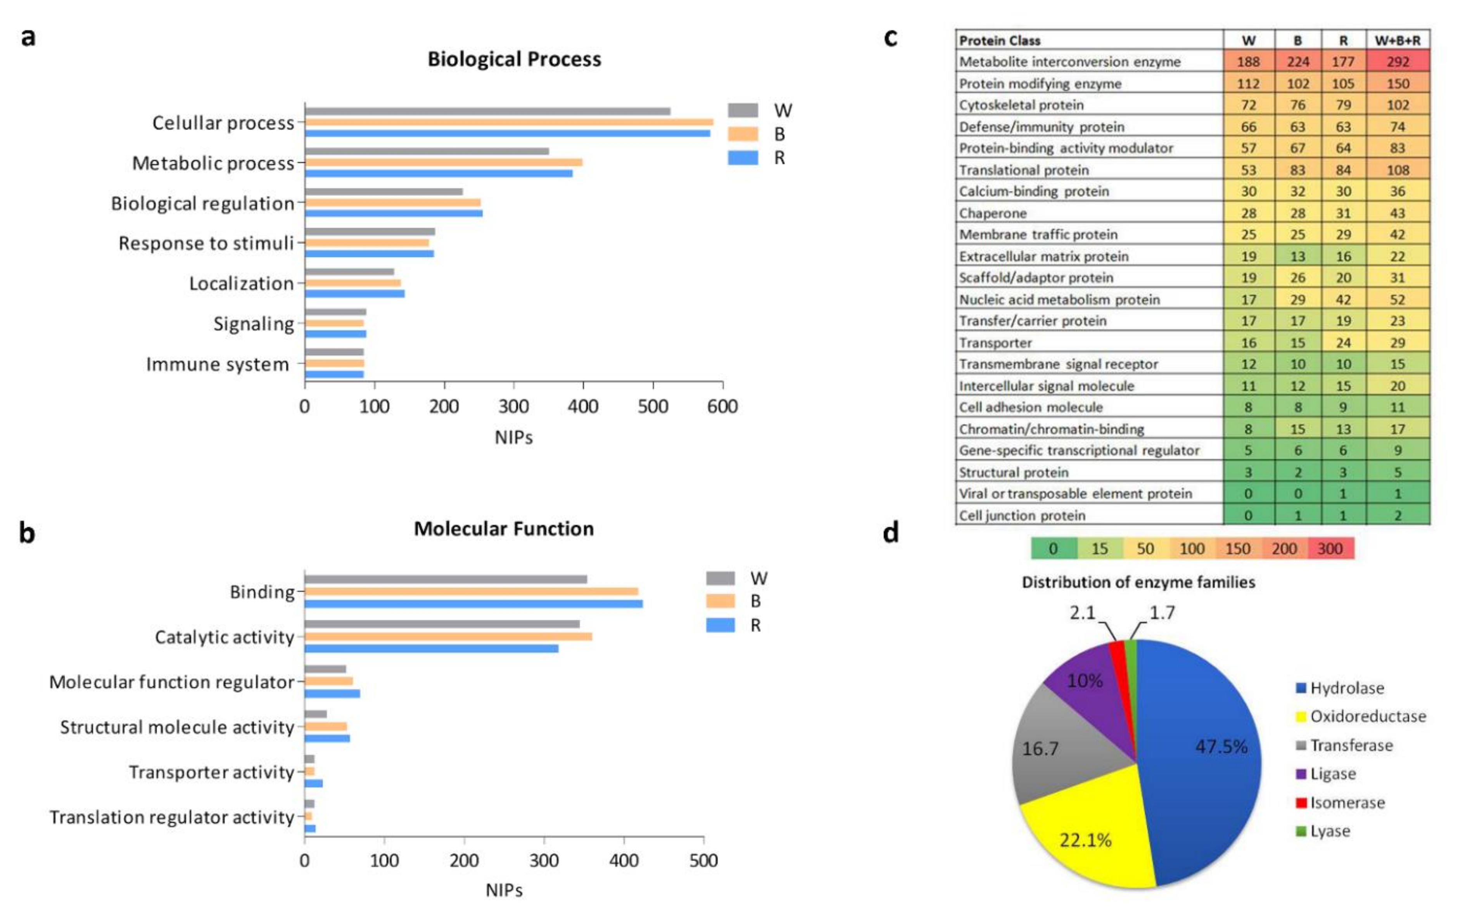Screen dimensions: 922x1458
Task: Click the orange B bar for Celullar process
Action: [x=509, y=122]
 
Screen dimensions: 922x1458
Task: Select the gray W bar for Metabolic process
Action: [x=427, y=151]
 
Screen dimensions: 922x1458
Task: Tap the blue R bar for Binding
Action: [x=473, y=603]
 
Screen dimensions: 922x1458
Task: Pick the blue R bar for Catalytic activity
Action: [x=431, y=648]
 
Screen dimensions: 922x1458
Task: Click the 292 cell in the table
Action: [x=1398, y=62]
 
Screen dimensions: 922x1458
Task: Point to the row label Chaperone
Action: [x=993, y=213]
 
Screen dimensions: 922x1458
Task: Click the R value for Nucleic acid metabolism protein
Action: [x=1343, y=299]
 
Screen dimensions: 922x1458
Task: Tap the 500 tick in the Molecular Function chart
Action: [x=703, y=860]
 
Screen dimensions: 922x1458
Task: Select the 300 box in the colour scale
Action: [x=1330, y=549]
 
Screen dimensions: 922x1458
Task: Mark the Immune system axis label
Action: [x=218, y=364]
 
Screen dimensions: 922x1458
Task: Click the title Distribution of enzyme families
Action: [x=1138, y=582]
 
